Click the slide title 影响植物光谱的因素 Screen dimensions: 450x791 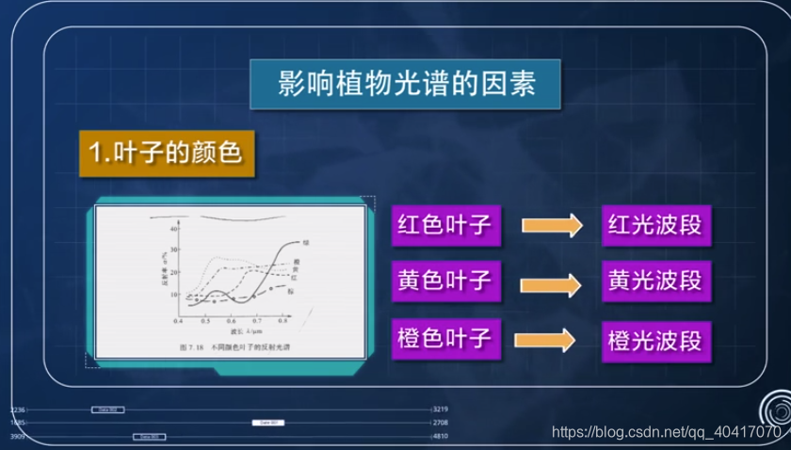(x=407, y=84)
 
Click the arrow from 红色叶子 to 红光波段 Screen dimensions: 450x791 (x=551, y=226)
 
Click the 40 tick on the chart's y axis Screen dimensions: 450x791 (x=172, y=229)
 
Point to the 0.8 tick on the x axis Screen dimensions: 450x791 (x=283, y=321)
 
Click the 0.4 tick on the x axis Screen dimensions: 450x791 (x=179, y=321)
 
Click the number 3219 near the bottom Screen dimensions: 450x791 (x=442, y=410)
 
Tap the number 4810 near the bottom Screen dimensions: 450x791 (x=442, y=437)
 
